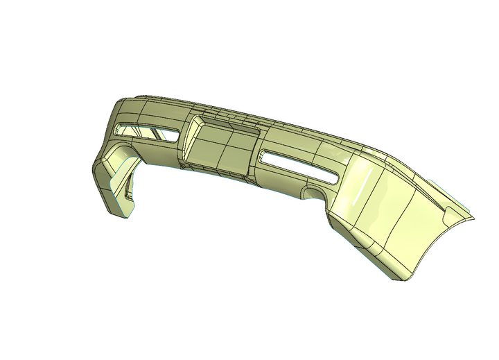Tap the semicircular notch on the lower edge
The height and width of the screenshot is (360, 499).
(x=314, y=193)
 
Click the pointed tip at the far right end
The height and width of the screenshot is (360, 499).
(x=473, y=219)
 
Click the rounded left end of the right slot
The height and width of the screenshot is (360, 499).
(x=264, y=157)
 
